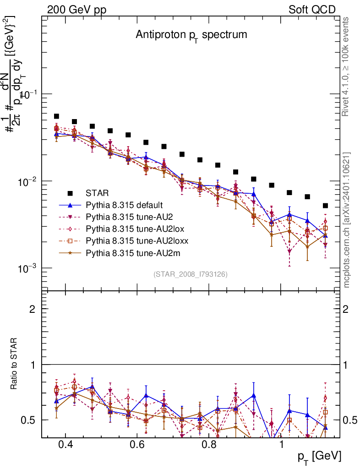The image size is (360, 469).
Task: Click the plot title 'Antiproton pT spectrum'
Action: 191,35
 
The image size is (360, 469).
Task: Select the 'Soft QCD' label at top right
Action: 312,10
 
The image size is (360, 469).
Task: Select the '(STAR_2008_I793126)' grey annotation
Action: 191,274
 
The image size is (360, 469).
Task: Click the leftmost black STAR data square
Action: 56,116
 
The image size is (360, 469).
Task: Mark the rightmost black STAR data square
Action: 325,206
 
